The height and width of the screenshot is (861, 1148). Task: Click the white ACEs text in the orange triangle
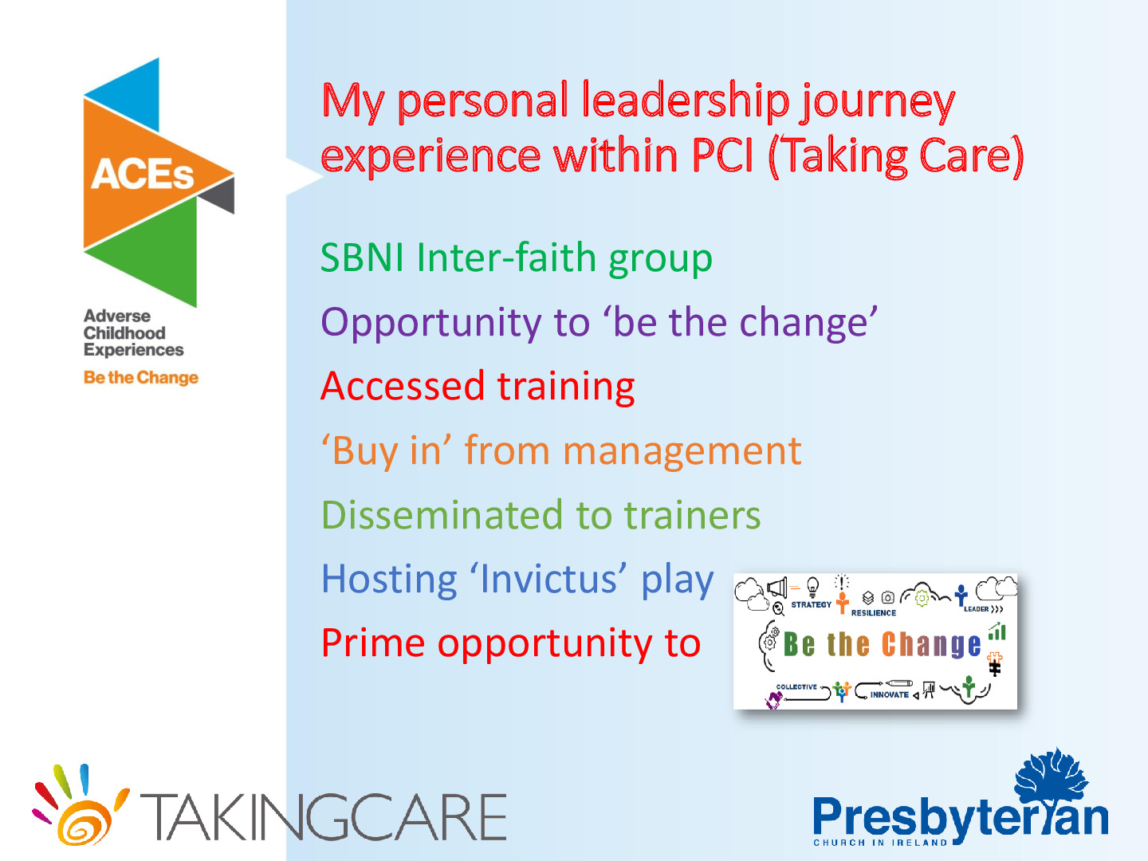point(142,174)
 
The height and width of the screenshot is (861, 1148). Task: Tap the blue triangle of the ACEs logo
point(133,95)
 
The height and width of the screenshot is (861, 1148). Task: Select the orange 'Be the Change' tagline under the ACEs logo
point(140,377)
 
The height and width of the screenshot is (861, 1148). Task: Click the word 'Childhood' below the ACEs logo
point(124,333)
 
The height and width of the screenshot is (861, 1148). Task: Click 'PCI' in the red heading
point(722,155)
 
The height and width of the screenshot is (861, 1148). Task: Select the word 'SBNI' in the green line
point(362,258)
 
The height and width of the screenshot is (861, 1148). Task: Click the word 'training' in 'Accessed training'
point(566,387)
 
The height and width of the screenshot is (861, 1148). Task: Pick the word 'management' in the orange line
point(682,450)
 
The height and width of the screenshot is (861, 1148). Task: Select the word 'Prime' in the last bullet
point(372,643)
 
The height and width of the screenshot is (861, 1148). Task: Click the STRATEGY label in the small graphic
point(812,605)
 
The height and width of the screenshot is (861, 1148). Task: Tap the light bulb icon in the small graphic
point(812,587)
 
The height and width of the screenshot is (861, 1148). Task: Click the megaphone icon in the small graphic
point(777,587)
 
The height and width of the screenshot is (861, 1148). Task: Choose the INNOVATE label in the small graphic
point(889,694)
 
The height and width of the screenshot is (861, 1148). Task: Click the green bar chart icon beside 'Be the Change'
point(997,631)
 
